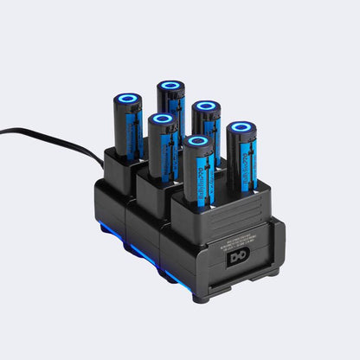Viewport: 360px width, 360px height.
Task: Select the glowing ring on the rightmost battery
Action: click(x=242, y=129)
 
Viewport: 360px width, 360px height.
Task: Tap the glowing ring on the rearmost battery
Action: click(x=170, y=87)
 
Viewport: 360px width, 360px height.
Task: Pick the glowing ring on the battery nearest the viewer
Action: click(x=198, y=140)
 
